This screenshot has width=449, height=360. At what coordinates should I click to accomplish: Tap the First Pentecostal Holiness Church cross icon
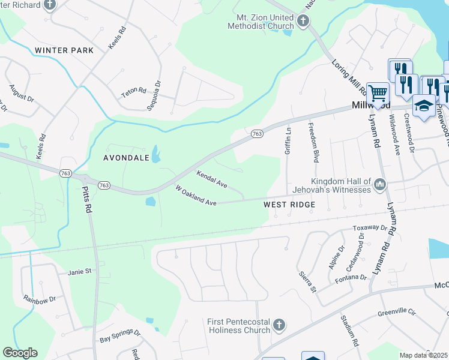pos(279,326)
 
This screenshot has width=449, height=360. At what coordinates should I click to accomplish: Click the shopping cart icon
pos(378,93)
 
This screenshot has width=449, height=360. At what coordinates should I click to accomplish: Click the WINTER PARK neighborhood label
pos(64,50)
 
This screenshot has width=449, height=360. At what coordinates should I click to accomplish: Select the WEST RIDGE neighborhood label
pos(289,205)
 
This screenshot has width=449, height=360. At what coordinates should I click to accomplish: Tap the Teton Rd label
pos(134,92)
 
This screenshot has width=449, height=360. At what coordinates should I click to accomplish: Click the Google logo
pos(20,353)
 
